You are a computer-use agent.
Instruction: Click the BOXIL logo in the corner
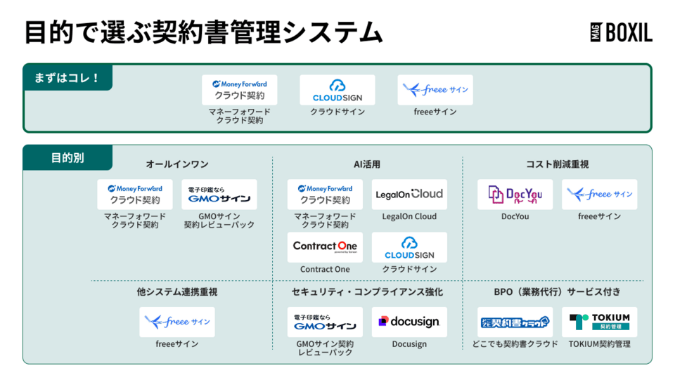pos(621,32)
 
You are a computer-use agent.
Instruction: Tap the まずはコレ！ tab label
pos(67,77)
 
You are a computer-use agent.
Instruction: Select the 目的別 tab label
pos(67,157)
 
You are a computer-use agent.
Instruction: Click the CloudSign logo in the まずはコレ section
pos(337,90)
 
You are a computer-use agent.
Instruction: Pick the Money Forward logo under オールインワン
pos(135,194)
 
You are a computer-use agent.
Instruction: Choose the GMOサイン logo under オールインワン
pos(219,194)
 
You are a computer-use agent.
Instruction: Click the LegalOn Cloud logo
pos(409,194)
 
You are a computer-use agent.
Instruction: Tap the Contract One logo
pos(325,247)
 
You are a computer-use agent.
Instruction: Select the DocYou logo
pos(515,194)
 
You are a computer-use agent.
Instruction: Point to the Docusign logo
pos(409,322)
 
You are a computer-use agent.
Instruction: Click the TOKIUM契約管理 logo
pos(599,322)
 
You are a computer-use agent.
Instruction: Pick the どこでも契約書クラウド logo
pos(515,322)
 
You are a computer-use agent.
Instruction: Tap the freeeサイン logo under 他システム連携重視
pos(177,322)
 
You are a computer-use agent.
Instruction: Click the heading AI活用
pos(367,164)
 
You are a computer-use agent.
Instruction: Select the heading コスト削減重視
pos(557,164)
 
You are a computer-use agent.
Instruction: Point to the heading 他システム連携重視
pos(177,291)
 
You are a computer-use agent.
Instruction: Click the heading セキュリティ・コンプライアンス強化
pos(367,291)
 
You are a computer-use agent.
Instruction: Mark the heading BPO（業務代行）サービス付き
pos(557,291)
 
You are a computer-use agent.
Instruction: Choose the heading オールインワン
pos(177,164)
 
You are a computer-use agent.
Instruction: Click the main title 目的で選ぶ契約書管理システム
pos(204,32)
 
